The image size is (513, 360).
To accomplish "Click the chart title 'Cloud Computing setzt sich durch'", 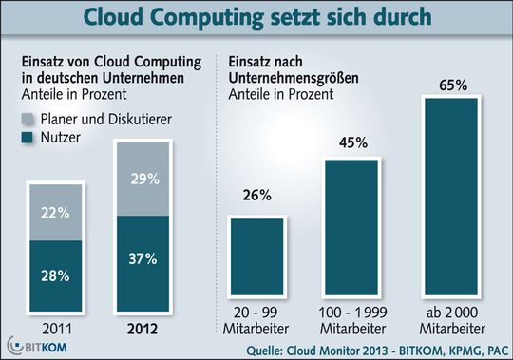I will tap(256, 18).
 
